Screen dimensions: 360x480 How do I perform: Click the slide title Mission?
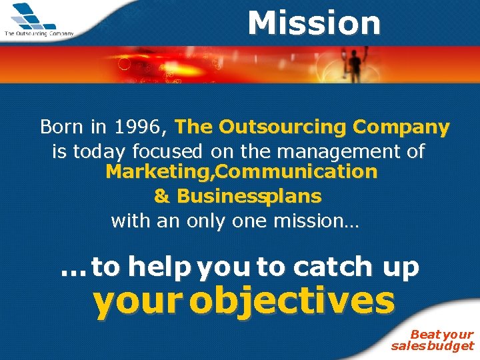pyautogui.click(x=313, y=23)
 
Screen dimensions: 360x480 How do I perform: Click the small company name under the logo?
pyautogui.click(x=39, y=33)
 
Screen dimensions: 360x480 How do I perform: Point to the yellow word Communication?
pyautogui.click(x=297, y=172)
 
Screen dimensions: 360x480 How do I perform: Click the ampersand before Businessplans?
pyautogui.click(x=161, y=197)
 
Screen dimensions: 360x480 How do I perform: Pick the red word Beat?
pyautogui.click(x=425, y=334)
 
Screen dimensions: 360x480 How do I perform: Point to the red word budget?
pyautogui.click(x=452, y=345)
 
